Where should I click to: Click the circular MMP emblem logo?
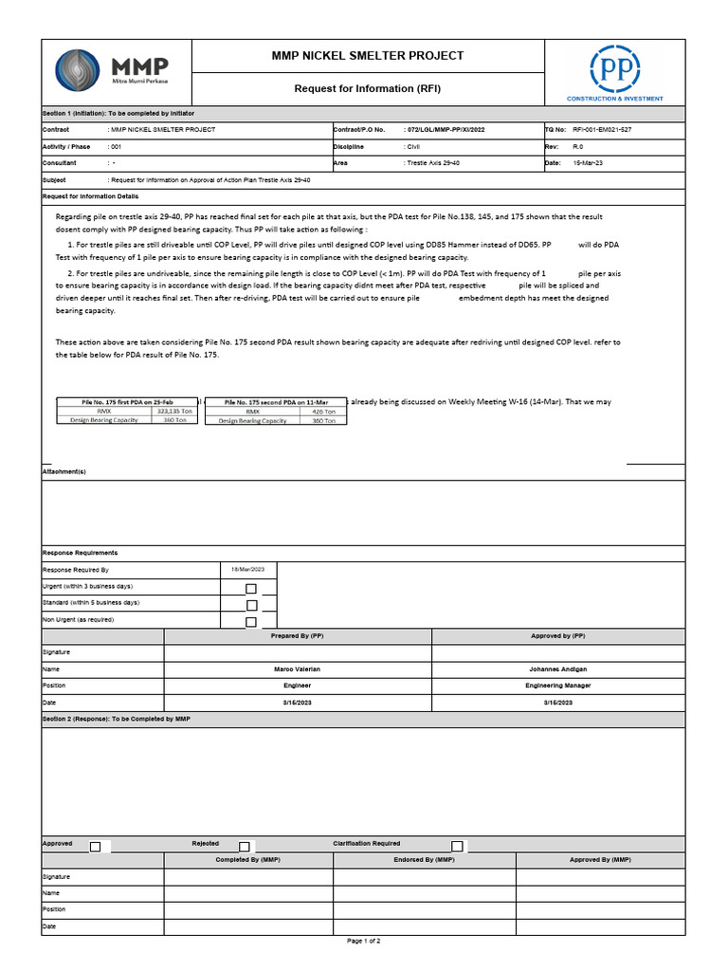80,71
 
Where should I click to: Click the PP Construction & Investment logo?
614,68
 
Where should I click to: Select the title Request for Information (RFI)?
368,88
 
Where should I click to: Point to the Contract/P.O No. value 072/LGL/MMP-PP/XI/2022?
445,129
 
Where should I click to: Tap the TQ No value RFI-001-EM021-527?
602,129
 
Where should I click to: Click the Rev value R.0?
577,147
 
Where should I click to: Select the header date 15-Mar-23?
588,163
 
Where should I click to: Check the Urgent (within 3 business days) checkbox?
251,589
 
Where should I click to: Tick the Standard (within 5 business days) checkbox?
251,605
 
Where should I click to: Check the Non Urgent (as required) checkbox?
251,622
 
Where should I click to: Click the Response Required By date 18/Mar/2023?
247,569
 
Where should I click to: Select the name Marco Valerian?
297,669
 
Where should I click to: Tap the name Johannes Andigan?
557,669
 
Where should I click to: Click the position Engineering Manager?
557,686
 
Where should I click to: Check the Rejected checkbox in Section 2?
245,846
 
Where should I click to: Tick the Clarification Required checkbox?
457,846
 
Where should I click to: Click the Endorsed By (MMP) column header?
424,860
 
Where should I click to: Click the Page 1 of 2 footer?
364,941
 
